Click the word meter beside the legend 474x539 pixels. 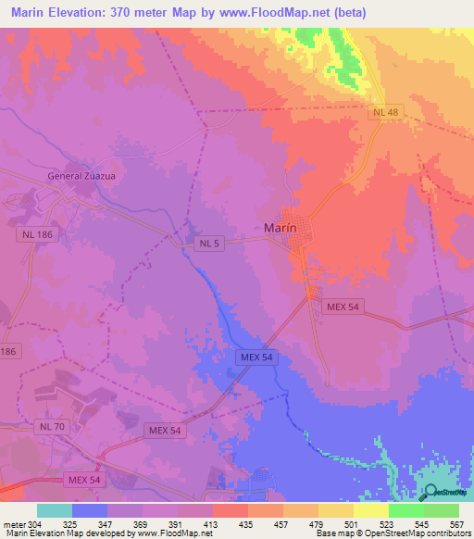point(14,524)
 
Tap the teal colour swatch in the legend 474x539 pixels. point(55,510)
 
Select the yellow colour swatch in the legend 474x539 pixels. point(371,510)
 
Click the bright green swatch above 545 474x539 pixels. point(406,510)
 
